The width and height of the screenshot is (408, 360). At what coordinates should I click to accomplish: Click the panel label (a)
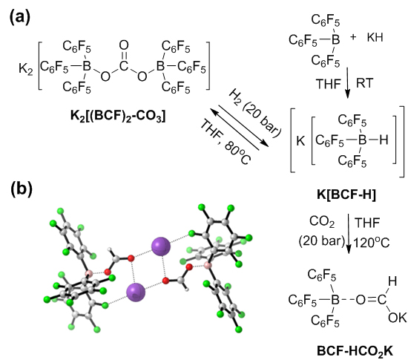pos(20,18)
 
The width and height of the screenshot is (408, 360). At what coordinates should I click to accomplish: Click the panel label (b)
pos(22,189)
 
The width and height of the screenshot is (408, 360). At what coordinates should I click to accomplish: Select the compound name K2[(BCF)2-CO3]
pos(118,115)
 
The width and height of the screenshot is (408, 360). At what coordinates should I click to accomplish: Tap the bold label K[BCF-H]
pos(346,194)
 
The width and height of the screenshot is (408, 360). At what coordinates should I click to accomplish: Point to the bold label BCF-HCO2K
pos(355,351)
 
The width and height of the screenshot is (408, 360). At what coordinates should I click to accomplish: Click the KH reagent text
pos(375,37)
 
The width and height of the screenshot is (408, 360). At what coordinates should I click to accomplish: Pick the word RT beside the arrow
pos(364,83)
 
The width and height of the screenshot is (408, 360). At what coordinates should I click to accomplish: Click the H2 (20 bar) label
pos(254,113)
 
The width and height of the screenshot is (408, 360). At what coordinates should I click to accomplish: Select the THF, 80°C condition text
pos(226,143)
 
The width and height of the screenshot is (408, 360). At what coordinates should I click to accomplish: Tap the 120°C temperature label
pos(372,243)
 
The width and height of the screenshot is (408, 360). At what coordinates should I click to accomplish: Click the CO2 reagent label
pos(322,222)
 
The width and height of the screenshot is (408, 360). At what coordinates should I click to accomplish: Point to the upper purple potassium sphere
pos(161,246)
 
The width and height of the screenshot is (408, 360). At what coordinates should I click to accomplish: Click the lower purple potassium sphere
pos(136,292)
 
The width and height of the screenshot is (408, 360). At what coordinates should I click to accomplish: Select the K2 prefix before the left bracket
pos(26,69)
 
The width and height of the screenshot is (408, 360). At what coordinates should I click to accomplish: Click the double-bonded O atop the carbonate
pos(124,45)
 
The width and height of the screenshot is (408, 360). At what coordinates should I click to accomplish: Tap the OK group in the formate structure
pos(397,318)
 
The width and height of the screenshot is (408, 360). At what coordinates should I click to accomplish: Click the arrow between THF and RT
pos(348,83)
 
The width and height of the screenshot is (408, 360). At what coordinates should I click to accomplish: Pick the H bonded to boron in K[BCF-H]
pos(384,140)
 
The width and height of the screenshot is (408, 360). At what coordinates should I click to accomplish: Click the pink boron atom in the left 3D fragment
pos(89,274)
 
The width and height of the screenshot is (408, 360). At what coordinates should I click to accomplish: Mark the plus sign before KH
pos(353,37)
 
